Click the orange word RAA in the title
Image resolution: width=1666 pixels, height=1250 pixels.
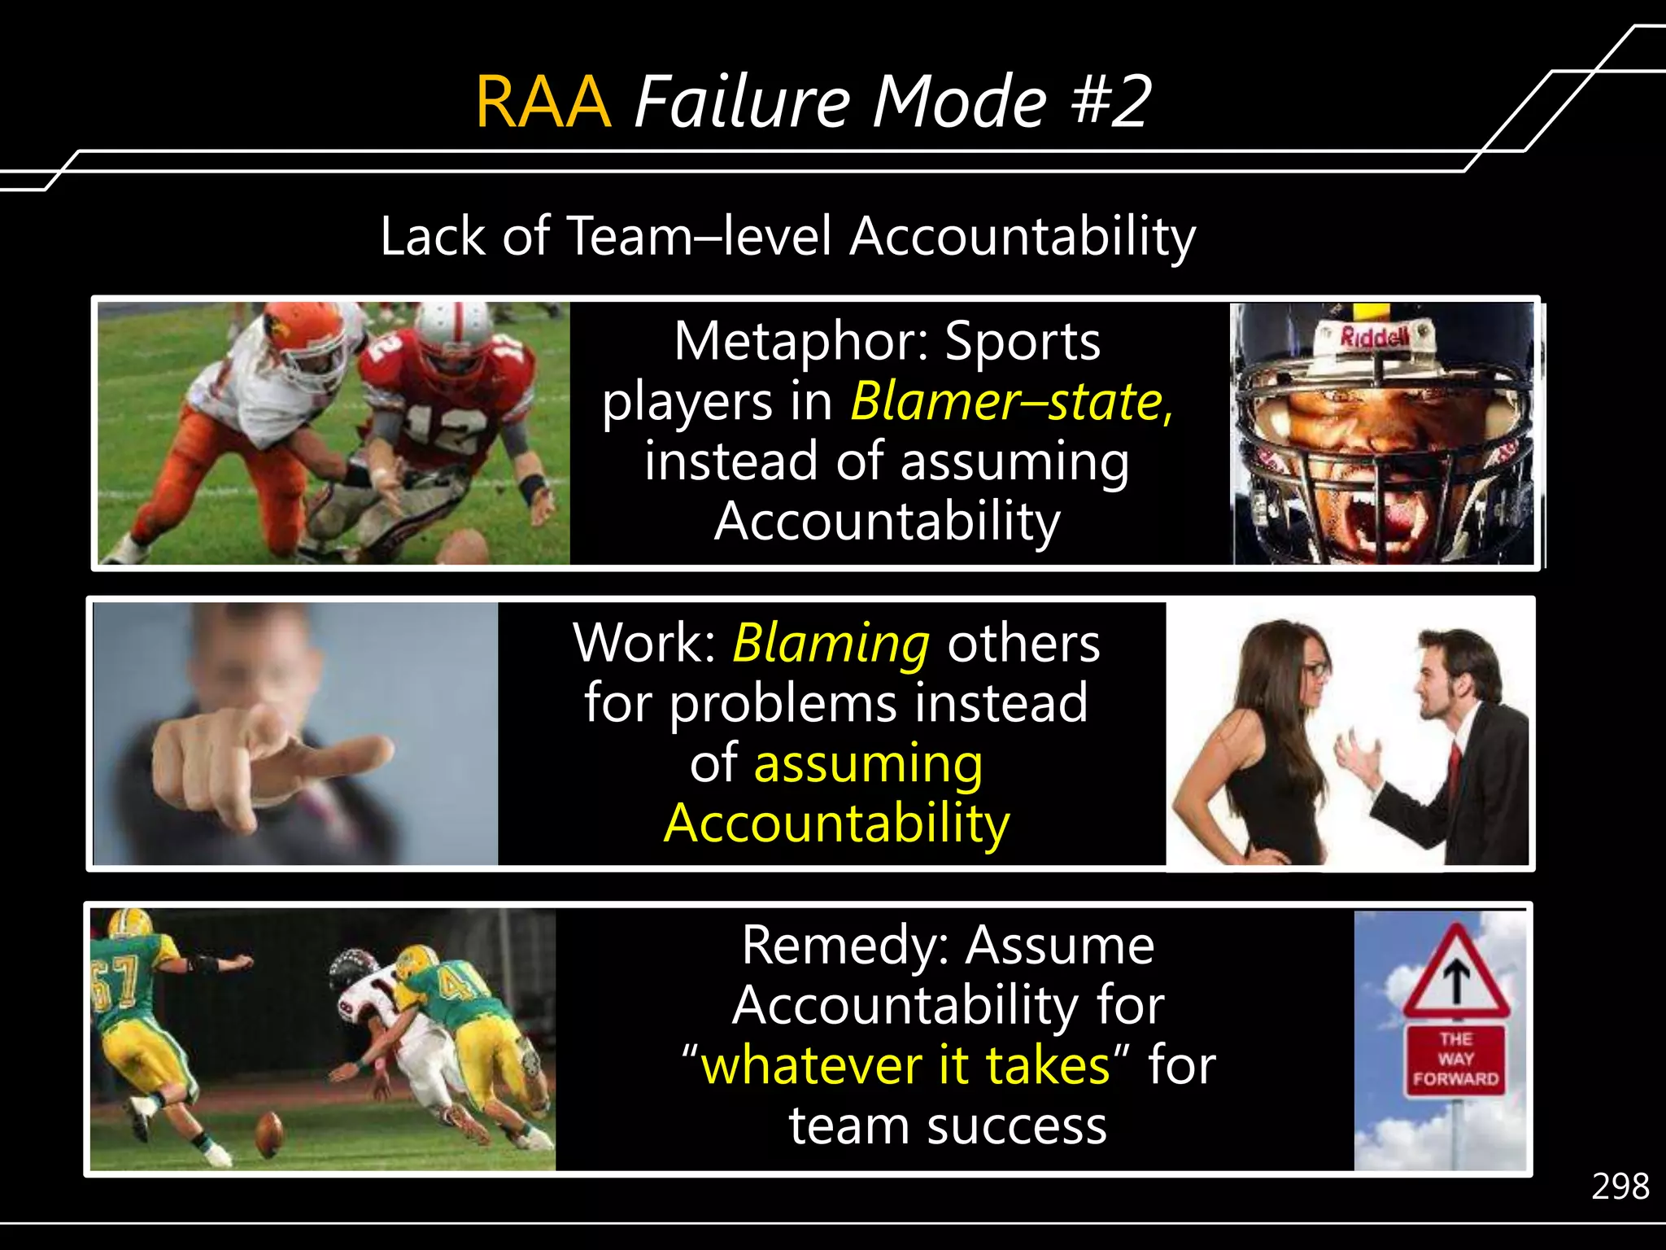543,102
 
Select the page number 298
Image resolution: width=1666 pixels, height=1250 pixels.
1620,1187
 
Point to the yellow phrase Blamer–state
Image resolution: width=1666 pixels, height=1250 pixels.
1010,401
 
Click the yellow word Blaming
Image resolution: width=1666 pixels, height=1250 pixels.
831,643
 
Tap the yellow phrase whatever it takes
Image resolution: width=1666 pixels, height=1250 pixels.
905,1066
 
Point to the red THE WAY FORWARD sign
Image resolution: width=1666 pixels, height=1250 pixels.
1455,1060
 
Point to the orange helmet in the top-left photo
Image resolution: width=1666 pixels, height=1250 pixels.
305,334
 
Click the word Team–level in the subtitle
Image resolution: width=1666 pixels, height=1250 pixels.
698,237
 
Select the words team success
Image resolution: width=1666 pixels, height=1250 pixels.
948,1126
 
